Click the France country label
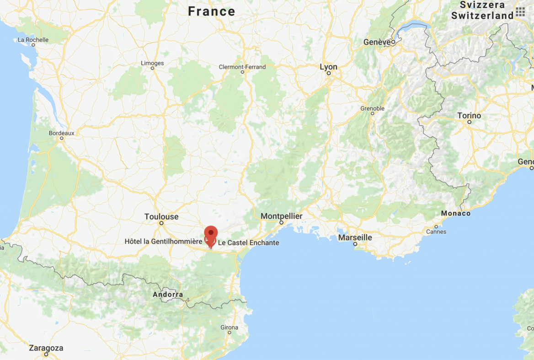[x=212, y=11]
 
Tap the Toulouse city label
[x=161, y=216]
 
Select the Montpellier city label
[x=281, y=216]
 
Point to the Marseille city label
[x=355, y=237]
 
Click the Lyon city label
[x=328, y=67]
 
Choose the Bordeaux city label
[x=61, y=133]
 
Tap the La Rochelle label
[x=33, y=40]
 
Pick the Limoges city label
[x=152, y=63]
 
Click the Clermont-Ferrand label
[x=242, y=67]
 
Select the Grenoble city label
[x=372, y=108]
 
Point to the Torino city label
[x=469, y=116]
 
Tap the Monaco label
[x=455, y=213]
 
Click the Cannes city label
[x=436, y=231]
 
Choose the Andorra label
[x=168, y=295]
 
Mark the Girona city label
[x=229, y=327]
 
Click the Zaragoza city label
[x=46, y=348]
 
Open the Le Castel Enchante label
[x=248, y=242]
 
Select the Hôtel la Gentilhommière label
[x=163, y=241]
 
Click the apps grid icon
[x=520, y=12]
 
